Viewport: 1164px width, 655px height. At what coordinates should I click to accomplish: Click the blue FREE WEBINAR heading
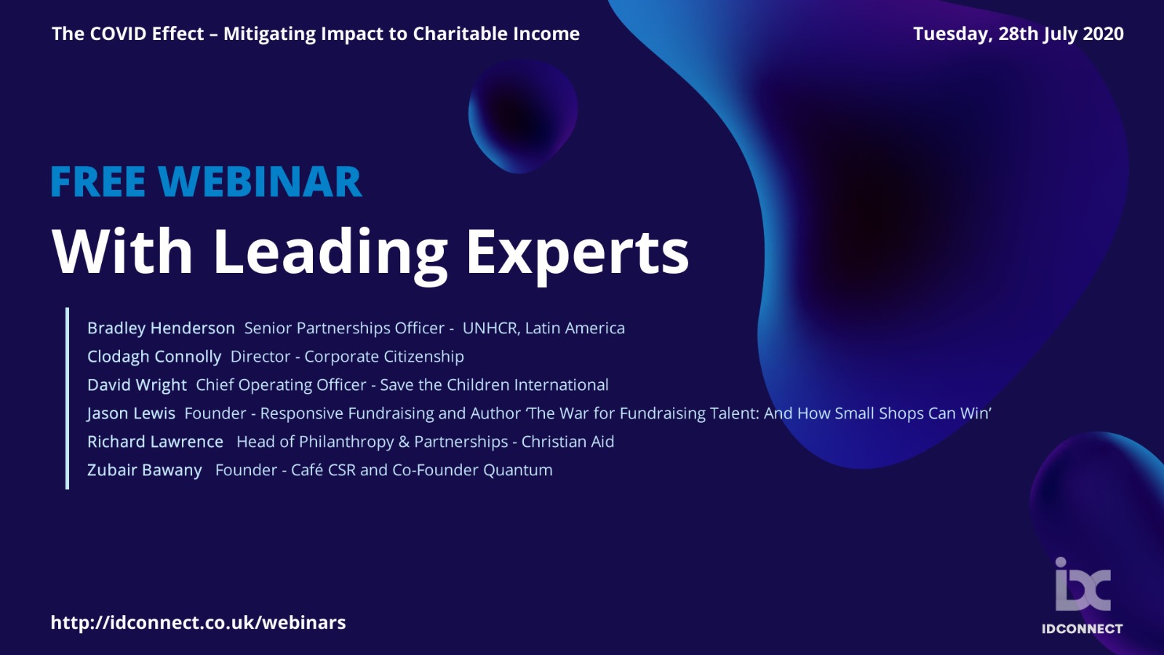pos(206,182)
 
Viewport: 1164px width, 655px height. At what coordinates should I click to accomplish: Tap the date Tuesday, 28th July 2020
pos(1018,34)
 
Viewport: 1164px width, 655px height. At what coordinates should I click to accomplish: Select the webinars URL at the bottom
pos(198,623)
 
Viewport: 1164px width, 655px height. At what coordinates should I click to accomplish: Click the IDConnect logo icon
pos(1083,584)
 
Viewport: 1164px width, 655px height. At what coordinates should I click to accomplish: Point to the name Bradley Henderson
pos(161,328)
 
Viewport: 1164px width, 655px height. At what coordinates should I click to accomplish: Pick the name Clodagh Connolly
pos(154,357)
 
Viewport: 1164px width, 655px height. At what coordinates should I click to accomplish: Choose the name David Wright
pos(137,385)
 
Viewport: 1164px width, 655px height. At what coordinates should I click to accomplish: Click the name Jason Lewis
pos(131,413)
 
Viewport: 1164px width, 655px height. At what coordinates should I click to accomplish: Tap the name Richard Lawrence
pos(156,442)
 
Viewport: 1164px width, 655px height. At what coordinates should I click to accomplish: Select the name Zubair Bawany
pos(145,470)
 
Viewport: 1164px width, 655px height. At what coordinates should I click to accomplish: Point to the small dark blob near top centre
pos(523,116)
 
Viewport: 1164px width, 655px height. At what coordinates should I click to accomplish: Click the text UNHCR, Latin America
pos(543,328)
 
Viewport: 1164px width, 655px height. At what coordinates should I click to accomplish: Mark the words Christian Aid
pos(567,442)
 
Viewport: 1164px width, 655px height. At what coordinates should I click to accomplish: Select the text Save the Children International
pos(494,385)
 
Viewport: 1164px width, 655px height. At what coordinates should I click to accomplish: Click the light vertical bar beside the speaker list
pos(67,398)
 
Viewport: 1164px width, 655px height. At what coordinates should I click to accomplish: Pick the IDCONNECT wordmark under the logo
pos(1083,629)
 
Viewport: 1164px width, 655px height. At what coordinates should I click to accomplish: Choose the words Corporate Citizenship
pos(384,357)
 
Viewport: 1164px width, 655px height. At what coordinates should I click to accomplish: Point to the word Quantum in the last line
pos(517,470)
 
